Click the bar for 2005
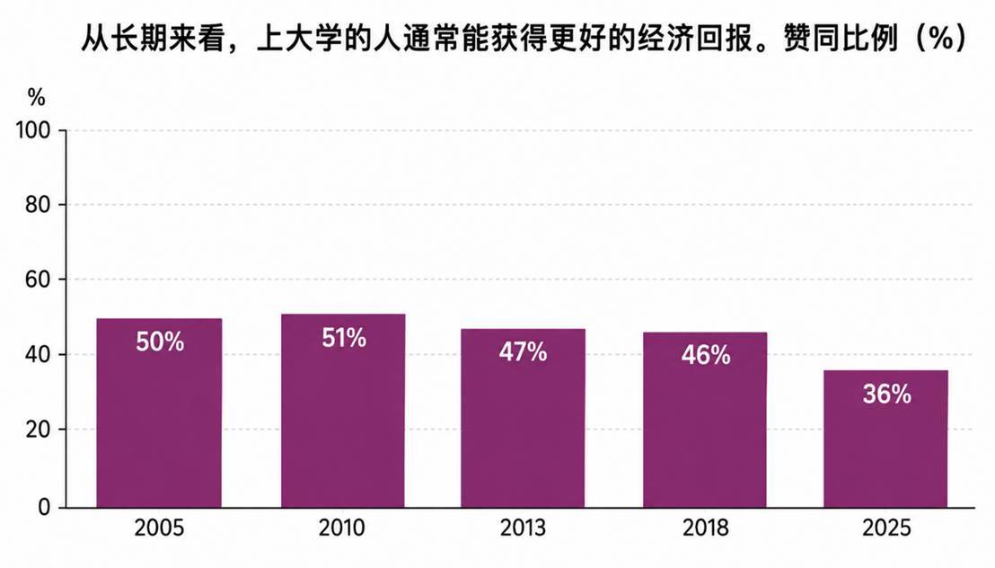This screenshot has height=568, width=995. pyautogui.click(x=159, y=413)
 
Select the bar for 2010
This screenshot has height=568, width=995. pyautogui.click(x=343, y=411)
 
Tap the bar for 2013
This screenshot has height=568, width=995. pyautogui.click(x=523, y=418)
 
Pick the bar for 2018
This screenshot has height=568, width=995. pyautogui.click(x=705, y=420)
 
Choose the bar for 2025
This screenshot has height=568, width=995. pyautogui.click(x=885, y=439)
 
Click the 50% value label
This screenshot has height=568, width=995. pyautogui.click(x=160, y=342)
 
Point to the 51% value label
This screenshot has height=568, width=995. pyautogui.click(x=344, y=338)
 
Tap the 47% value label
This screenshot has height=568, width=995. pyautogui.click(x=523, y=352)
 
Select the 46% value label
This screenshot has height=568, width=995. pyautogui.click(x=706, y=355)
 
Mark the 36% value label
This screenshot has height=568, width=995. pyautogui.click(x=886, y=395)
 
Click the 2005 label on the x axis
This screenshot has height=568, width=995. pyautogui.click(x=159, y=528)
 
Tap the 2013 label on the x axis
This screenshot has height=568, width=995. pyautogui.click(x=523, y=528)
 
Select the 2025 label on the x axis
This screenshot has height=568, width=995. pyautogui.click(x=886, y=528)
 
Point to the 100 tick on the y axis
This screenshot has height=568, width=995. pyautogui.click(x=33, y=131)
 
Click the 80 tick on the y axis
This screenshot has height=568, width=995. pyautogui.click(x=38, y=205)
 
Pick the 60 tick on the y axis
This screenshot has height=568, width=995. pyautogui.click(x=38, y=280)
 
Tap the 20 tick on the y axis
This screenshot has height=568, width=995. pyautogui.click(x=38, y=430)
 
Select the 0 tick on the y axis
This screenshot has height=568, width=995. pyautogui.click(x=44, y=507)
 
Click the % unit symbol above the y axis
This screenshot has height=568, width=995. pyautogui.click(x=36, y=99)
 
